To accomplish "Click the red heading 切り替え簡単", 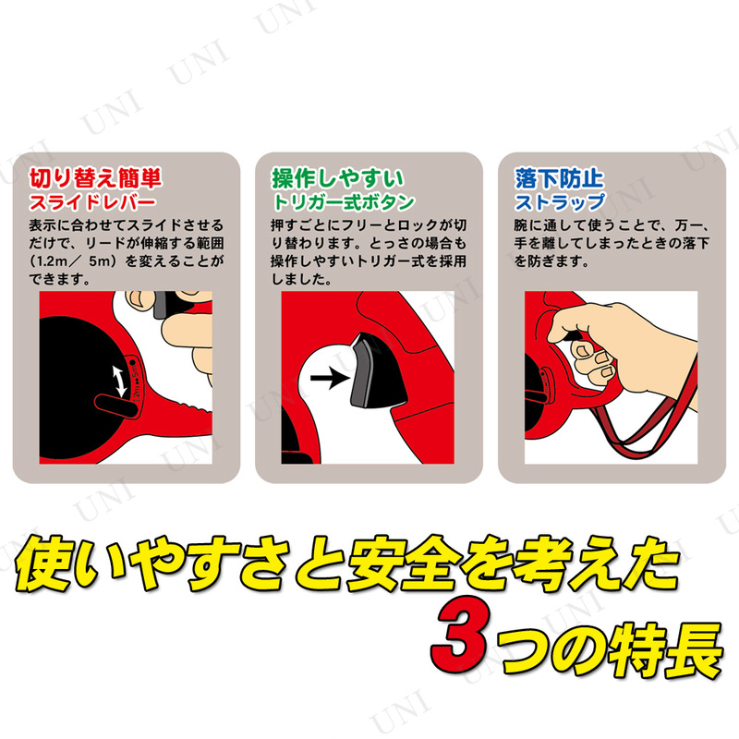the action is click(96, 177).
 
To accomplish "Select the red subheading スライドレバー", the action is click(92, 202).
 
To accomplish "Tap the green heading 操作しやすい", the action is click(337, 178).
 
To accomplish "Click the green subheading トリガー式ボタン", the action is click(343, 202).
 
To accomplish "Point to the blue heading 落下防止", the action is click(559, 178).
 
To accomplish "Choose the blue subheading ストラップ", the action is click(560, 202).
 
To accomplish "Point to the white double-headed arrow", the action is click(119, 381).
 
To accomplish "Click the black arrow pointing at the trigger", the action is click(330, 378).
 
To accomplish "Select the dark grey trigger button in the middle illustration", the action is click(376, 371).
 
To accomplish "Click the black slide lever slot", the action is click(115, 406).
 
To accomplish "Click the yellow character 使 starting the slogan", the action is click(43, 563).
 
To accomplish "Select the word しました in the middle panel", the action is click(302, 279).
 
